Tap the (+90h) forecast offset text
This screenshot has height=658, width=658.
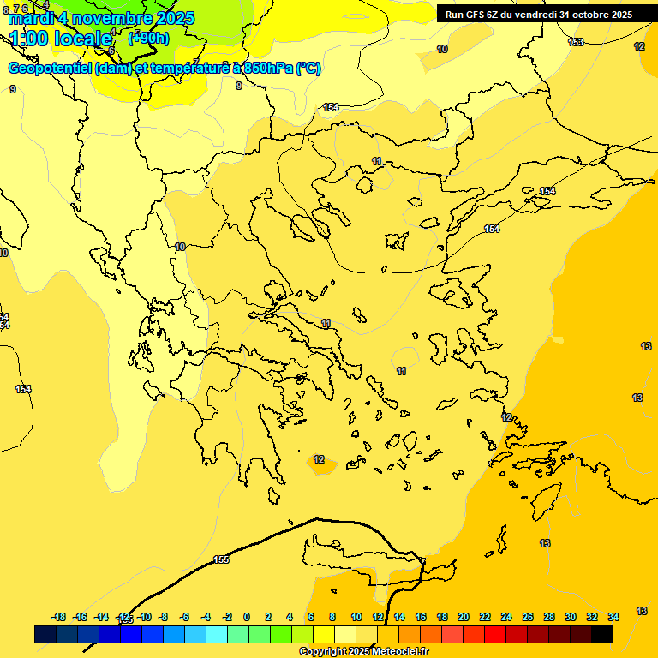pyautogui.click(x=148, y=38)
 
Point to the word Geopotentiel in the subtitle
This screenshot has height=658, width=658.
pyautogui.click(x=50, y=69)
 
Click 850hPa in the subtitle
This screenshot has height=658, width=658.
pyautogui.click(x=268, y=69)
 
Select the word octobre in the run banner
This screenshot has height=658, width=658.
pyautogui.click(x=585, y=15)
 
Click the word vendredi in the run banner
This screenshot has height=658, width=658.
pyautogui.click(x=537, y=15)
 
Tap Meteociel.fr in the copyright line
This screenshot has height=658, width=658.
pyautogui.click(x=398, y=652)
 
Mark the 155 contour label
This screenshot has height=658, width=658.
pyautogui.click(x=221, y=559)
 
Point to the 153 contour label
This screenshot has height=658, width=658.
pyautogui.click(x=576, y=42)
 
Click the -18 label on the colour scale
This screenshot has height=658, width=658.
pyautogui.click(x=59, y=617)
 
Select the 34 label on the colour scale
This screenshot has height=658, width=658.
pyautogui.click(x=613, y=617)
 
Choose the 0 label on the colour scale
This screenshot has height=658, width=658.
pyautogui.click(x=247, y=617)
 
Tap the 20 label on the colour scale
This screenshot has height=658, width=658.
pyautogui.click(x=464, y=617)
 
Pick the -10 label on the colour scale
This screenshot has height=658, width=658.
pyautogui.click(x=144, y=617)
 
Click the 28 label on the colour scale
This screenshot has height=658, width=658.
pyautogui.click(x=549, y=617)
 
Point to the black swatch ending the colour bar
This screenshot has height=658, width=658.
pyautogui.click(x=602, y=634)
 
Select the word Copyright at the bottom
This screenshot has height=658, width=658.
pyautogui.click(x=324, y=652)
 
